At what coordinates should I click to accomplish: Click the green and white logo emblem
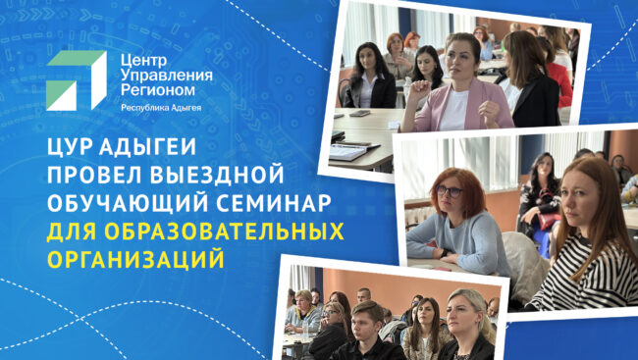click(77, 80)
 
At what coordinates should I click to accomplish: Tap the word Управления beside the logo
click(167, 76)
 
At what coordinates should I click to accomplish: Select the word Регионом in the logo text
click(157, 90)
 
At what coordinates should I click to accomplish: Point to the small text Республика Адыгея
click(161, 108)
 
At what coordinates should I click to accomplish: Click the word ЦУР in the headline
click(69, 148)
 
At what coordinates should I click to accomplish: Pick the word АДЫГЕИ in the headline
click(147, 148)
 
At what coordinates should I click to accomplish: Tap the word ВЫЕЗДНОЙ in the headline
click(217, 176)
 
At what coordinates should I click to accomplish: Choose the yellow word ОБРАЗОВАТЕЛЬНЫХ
click(224, 231)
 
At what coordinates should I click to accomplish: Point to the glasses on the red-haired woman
click(449, 190)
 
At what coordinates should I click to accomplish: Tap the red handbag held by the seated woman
click(548, 221)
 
